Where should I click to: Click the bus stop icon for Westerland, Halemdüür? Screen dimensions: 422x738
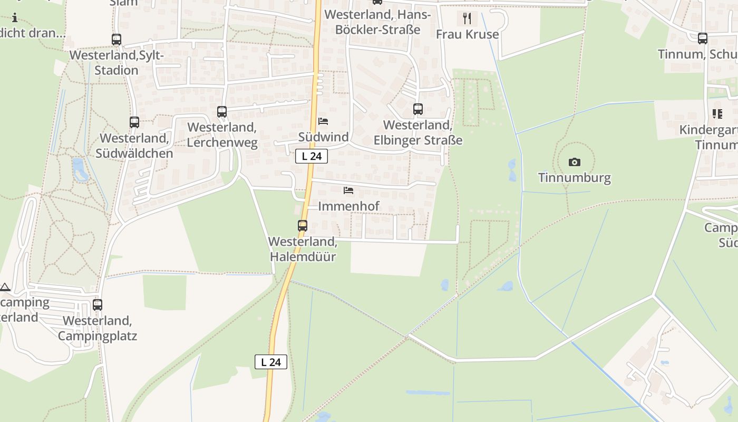pos(303,226)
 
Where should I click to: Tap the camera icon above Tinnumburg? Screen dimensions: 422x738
pos(575,162)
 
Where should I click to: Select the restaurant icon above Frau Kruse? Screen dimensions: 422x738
pos(467,18)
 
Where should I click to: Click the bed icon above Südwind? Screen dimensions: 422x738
pos(323,121)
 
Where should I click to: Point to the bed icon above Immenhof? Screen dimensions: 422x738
pos(348,190)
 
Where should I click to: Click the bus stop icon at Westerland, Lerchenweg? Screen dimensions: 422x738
pos(222,112)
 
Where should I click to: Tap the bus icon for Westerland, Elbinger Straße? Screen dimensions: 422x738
pos(418,109)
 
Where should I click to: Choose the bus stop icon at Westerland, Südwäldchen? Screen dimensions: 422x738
pos(134,122)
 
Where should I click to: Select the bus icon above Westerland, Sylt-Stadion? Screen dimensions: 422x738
pos(116,39)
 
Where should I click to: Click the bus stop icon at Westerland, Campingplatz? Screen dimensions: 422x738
pos(98,304)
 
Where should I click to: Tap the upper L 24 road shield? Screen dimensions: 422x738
pos(312,156)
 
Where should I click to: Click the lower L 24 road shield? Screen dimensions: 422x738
pos(271,362)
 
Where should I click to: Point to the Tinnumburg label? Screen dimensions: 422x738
pos(575,177)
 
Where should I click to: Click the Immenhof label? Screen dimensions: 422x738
pos(348,206)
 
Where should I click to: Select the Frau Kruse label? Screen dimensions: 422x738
pos(467,34)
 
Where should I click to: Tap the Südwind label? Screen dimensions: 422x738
pos(323,137)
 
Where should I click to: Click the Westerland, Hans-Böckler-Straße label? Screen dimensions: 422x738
pos(377,22)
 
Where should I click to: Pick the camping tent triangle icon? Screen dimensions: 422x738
pos(5,287)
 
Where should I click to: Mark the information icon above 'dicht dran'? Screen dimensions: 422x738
pos(15,17)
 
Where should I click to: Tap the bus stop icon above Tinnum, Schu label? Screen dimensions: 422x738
pos(703,39)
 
